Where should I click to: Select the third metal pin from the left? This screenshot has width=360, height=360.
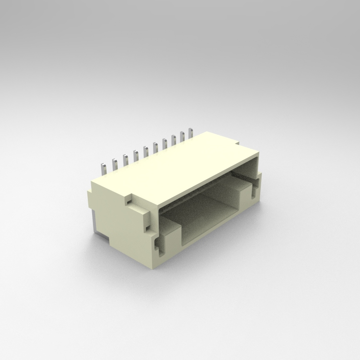click(x=125, y=158)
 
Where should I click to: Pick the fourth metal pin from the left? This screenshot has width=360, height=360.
click(x=136, y=154)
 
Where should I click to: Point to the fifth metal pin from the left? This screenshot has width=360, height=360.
click(x=145, y=150)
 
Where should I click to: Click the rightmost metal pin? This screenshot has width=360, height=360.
click(x=191, y=131)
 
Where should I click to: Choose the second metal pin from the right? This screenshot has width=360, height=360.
click(x=182, y=134)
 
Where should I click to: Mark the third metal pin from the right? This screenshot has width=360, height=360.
click(x=173, y=138)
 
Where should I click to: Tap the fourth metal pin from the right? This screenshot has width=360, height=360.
click(x=164, y=142)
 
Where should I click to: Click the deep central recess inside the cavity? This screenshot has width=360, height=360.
click(x=211, y=211)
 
